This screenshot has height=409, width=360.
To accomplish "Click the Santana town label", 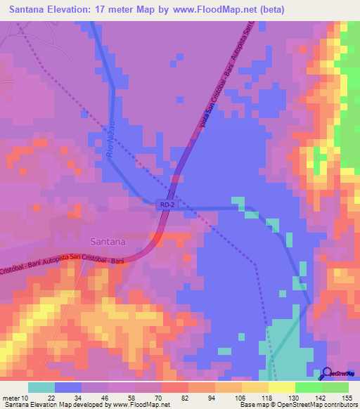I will click(107, 241).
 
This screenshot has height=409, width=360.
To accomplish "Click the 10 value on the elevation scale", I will click(25, 398).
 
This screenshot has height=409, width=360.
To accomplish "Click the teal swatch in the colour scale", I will click(41, 387).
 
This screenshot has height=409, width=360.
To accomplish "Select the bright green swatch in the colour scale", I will click(309, 387).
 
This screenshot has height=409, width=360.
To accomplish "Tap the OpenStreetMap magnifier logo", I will click(327, 374).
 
